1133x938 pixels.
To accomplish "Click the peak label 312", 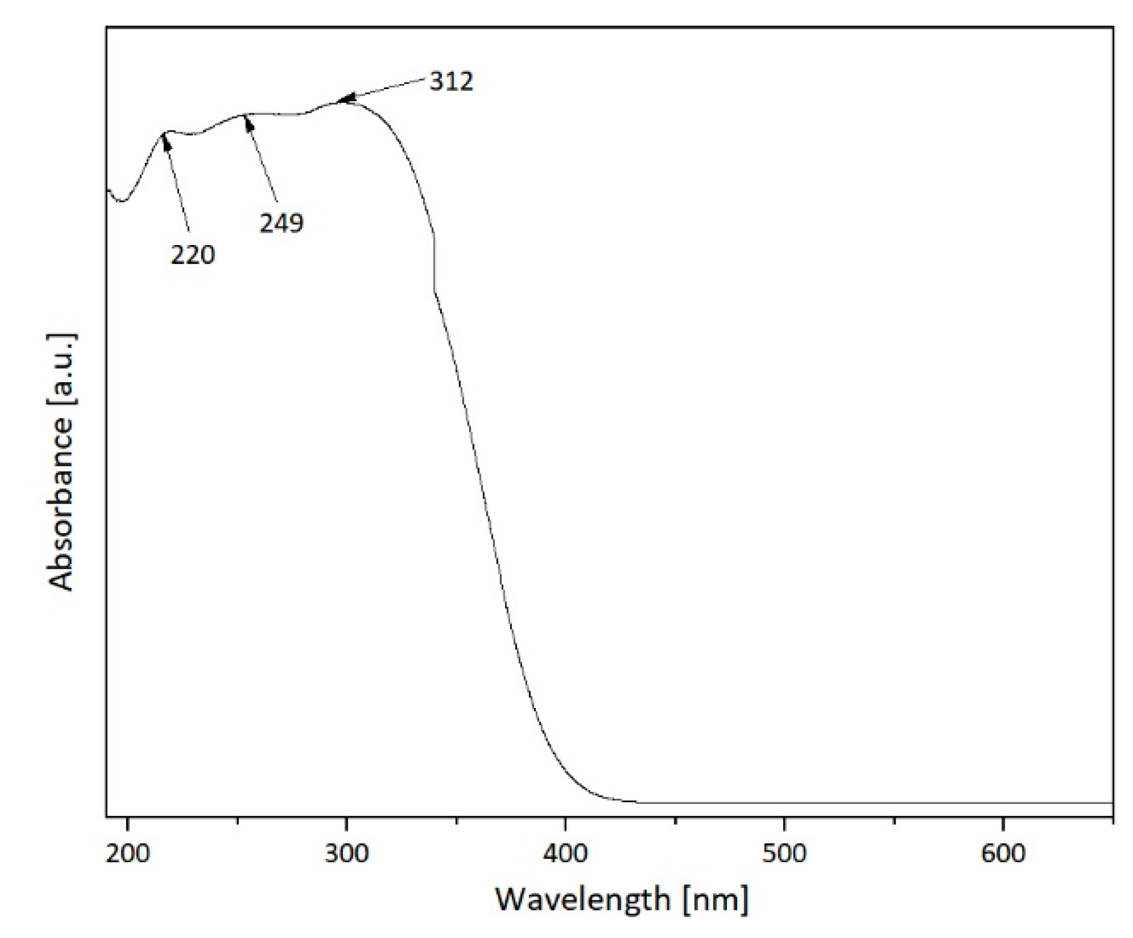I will (x=451, y=81).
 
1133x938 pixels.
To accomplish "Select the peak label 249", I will (x=281, y=222).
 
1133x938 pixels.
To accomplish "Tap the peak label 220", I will (x=192, y=254).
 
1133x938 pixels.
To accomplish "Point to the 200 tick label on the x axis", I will (x=128, y=853).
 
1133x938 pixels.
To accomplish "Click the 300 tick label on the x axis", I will (x=347, y=853).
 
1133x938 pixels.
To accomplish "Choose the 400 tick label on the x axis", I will (x=565, y=853).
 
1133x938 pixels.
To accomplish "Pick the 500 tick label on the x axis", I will (x=784, y=853).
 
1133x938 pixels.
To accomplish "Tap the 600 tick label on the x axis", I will (x=1003, y=853).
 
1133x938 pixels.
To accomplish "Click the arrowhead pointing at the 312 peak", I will (x=345, y=98).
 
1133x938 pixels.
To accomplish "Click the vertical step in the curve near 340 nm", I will (x=434, y=263).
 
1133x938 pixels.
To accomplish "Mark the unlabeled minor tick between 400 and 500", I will (x=675, y=820).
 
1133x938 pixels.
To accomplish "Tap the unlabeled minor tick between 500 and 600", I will (x=894, y=820).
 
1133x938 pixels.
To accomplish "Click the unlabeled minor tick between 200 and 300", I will (x=238, y=820).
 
